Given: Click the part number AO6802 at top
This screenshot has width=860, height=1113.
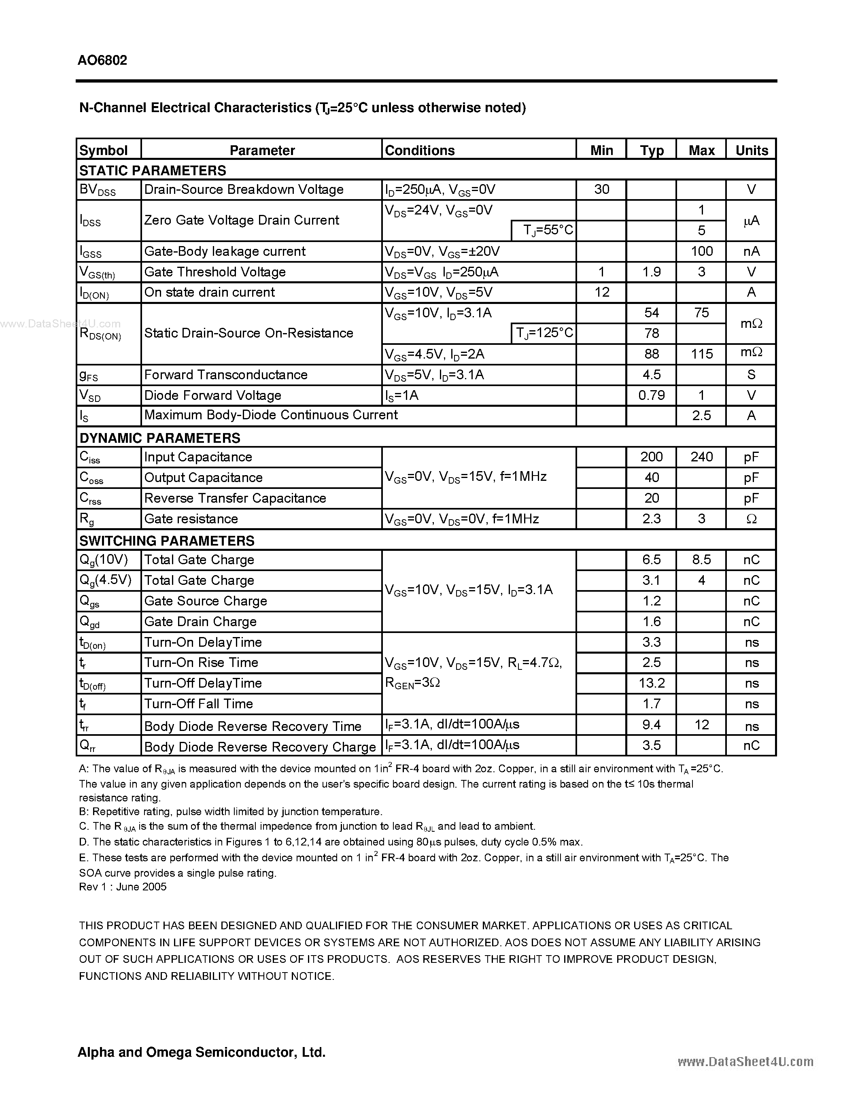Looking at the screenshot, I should tap(102, 60).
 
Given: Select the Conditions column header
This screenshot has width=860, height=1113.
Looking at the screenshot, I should tap(419, 150).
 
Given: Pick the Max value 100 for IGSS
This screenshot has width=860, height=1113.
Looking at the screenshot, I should tap(701, 251).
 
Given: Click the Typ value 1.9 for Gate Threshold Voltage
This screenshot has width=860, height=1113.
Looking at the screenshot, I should tap(651, 272).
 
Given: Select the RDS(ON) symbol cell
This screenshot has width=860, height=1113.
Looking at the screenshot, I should tap(100, 334).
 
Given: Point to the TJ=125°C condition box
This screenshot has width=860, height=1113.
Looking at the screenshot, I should tap(544, 333).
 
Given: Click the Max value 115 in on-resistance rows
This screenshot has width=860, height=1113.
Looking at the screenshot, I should tap(701, 354).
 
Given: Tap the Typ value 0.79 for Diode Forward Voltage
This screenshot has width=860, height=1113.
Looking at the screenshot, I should tap(651, 395).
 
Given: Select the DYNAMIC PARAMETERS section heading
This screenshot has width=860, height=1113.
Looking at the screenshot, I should tap(159, 438).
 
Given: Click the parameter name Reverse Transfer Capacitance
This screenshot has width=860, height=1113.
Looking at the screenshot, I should tap(235, 498).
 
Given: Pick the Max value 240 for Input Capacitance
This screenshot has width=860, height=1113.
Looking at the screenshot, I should tap(701, 457).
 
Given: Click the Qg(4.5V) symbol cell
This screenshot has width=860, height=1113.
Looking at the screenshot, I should tap(106, 580).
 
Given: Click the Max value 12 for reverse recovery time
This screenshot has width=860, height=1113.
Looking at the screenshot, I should tap(701, 725).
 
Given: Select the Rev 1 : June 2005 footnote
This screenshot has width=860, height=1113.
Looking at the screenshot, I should tap(123, 887).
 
